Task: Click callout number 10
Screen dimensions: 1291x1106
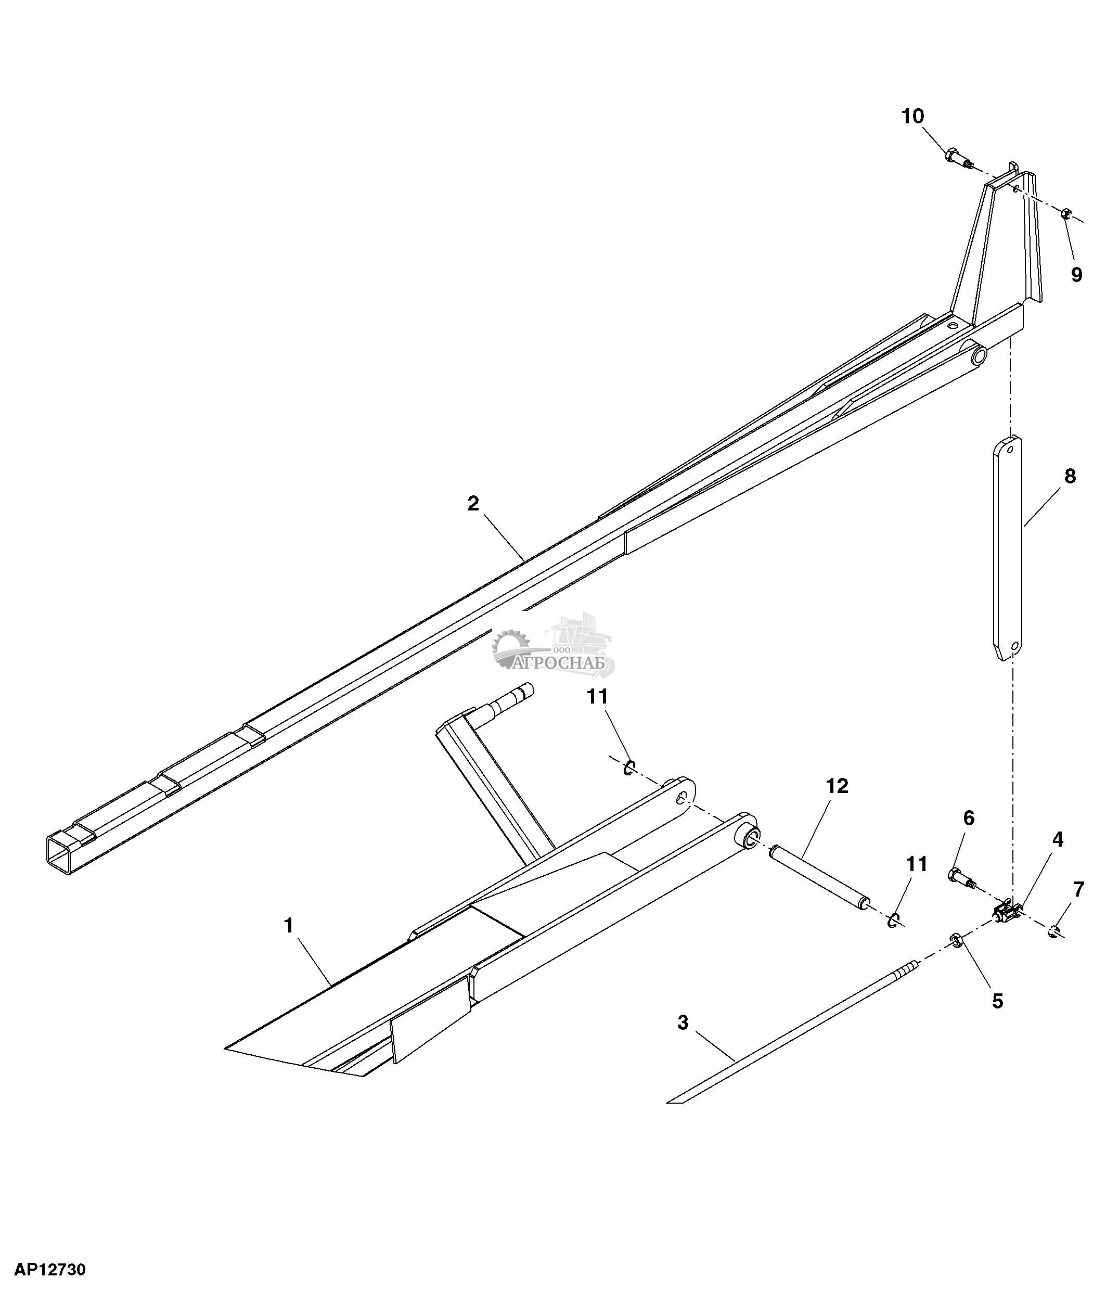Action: coord(913,117)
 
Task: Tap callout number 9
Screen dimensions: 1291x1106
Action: coord(1077,274)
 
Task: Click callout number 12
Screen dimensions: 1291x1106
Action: coord(837,786)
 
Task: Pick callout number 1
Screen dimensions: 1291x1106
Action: coord(288,926)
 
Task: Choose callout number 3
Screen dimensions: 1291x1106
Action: coord(683,1022)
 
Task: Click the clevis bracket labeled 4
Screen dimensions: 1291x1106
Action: coord(1007,913)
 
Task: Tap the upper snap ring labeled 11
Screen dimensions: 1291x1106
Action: coord(629,767)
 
